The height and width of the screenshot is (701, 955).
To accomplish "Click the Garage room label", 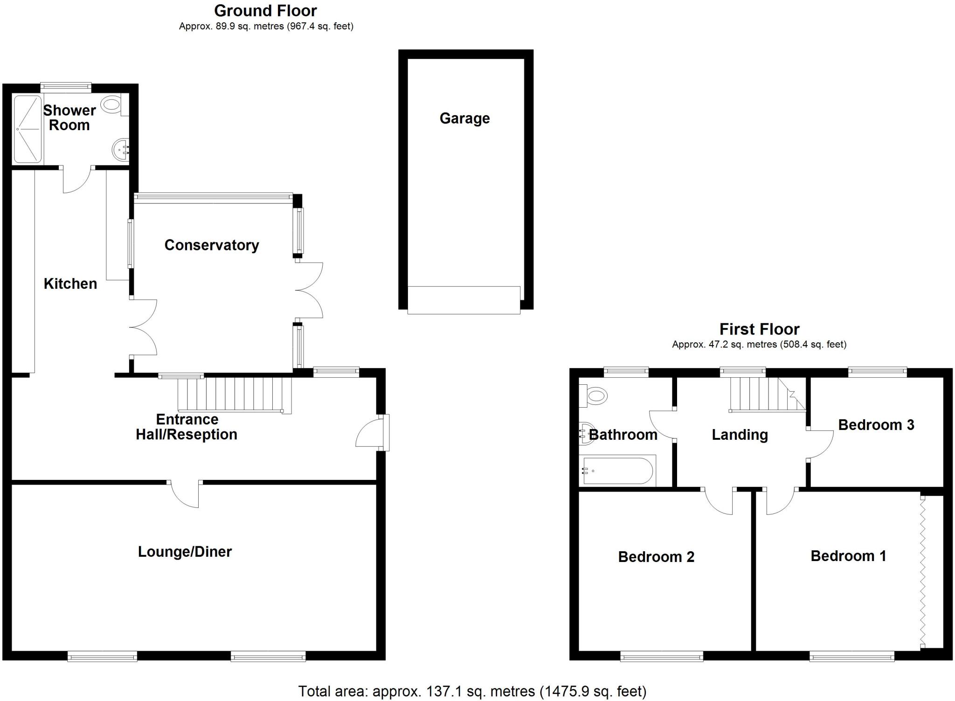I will [464, 118].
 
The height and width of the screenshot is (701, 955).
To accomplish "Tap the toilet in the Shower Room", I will [112, 104].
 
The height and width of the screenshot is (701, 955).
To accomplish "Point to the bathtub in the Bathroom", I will [617, 471].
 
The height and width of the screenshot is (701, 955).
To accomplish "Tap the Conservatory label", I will [212, 245].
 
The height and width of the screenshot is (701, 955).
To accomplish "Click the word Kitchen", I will [70, 284].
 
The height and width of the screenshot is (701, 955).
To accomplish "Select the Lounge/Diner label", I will [185, 552].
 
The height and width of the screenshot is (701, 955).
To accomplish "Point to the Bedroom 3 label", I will [876, 425].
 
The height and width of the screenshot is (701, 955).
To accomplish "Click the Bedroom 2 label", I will [656, 557].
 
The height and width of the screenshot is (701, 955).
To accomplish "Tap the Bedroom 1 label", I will [848, 556].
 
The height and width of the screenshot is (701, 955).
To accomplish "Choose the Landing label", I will [740, 435].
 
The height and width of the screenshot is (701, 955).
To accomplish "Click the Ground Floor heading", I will [265, 11].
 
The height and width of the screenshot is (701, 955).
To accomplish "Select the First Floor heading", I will [759, 329].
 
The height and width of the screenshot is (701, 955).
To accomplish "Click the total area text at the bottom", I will [472, 691].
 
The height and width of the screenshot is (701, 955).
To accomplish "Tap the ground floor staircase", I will [235, 395].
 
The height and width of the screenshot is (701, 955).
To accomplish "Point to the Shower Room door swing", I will [76, 180].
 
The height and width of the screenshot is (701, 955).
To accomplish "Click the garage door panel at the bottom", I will [464, 300].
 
